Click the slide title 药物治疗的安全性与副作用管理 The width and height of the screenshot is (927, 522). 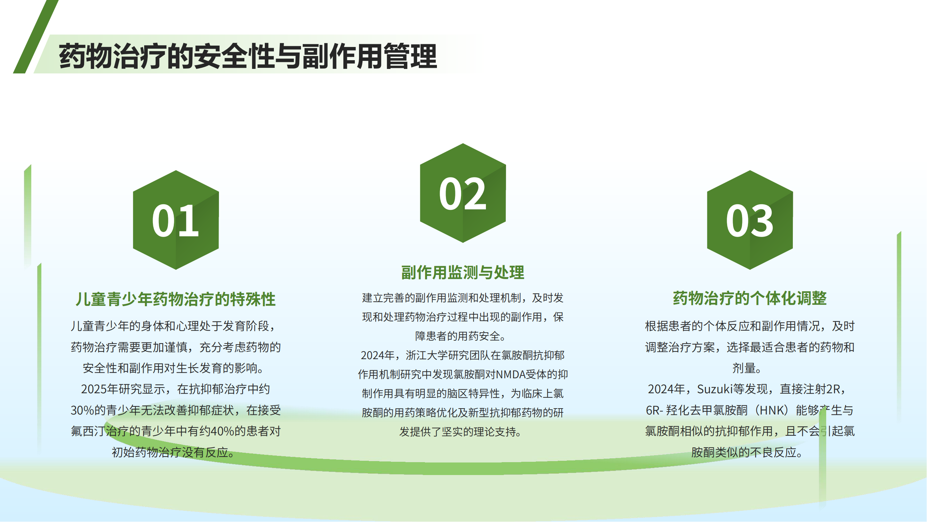[x=248, y=56]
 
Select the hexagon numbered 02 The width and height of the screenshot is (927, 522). [x=463, y=193]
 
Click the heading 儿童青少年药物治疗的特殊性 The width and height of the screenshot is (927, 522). [x=176, y=299]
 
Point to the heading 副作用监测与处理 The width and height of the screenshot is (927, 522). [x=463, y=272]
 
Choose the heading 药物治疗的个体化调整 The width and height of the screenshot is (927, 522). [x=750, y=299]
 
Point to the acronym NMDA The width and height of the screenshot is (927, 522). [x=511, y=375]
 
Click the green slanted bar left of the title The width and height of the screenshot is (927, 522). [x=35, y=37]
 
